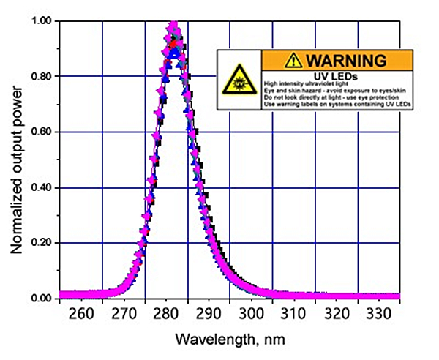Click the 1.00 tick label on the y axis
[41, 21]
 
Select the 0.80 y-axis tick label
[41, 77]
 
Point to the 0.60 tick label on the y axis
[41, 132]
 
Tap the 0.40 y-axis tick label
[41, 187]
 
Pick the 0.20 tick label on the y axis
[41, 243]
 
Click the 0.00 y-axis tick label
[41, 298]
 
